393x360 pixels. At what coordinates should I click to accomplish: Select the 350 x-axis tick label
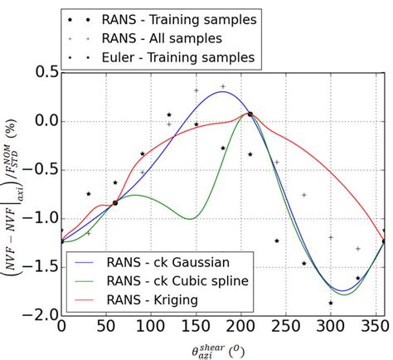tap(376, 329)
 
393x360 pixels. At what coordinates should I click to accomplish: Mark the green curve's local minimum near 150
tap(191, 219)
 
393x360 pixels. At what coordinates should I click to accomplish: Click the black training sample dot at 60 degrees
tap(115, 202)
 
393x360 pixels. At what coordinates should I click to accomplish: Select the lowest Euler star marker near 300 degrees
tap(331, 304)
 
